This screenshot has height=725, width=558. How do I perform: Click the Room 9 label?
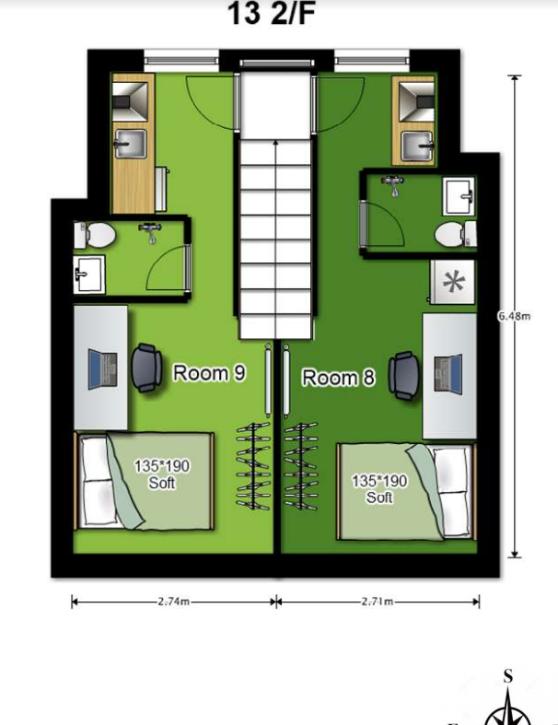tap(209, 373)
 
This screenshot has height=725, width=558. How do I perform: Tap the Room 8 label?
tap(339, 378)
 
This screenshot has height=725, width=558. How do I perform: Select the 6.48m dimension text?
tap(514, 316)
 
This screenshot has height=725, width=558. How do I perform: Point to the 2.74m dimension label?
tap(173, 602)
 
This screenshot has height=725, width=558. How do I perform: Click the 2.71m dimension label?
tap(378, 602)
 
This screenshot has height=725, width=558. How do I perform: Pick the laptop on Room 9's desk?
tap(102, 369)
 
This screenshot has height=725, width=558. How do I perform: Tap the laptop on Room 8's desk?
tap(448, 374)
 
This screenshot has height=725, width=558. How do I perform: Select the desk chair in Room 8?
tap(404, 375)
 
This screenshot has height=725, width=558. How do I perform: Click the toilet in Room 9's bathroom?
tap(95, 235)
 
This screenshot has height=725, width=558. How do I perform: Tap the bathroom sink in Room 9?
tap(89, 275)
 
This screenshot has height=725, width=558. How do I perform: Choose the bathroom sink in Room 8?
tap(459, 196)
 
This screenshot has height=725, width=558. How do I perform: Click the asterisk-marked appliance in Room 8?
tap(452, 282)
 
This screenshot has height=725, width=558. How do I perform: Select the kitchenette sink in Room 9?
tap(131, 144)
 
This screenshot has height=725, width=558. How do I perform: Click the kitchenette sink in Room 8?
tap(417, 146)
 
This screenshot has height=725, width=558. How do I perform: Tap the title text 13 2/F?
tap(272, 14)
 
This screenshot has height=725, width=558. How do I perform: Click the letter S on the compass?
tap(508, 676)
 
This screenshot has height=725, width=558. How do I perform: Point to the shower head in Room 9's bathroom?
tap(149, 232)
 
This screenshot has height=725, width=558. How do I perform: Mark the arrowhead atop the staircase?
tap(276, 144)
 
